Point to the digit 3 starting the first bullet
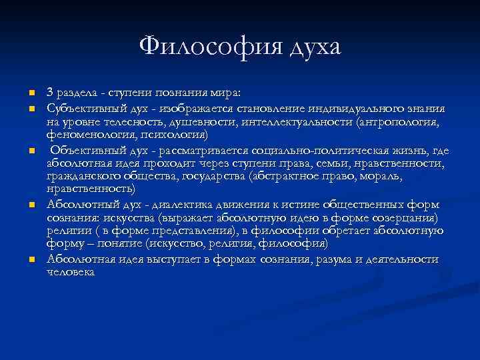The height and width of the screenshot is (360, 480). (x=50, y=91)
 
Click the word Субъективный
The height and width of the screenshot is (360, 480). (x=84, y=108)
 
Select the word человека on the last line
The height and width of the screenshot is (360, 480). (x=71, y=272)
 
